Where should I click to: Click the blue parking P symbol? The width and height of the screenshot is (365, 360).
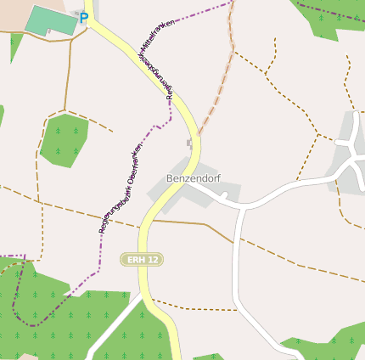coord(84,17)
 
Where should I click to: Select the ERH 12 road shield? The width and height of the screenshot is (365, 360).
coord(141,258)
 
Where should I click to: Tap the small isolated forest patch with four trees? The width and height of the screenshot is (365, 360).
coord(64,139)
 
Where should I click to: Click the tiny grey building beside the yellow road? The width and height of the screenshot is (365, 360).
coord(189,143)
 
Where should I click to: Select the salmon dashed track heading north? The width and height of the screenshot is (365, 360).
coord(222,76)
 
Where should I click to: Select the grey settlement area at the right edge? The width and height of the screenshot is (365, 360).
coord(351,140)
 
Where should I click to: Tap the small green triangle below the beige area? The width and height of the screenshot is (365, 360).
coord(14,46)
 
